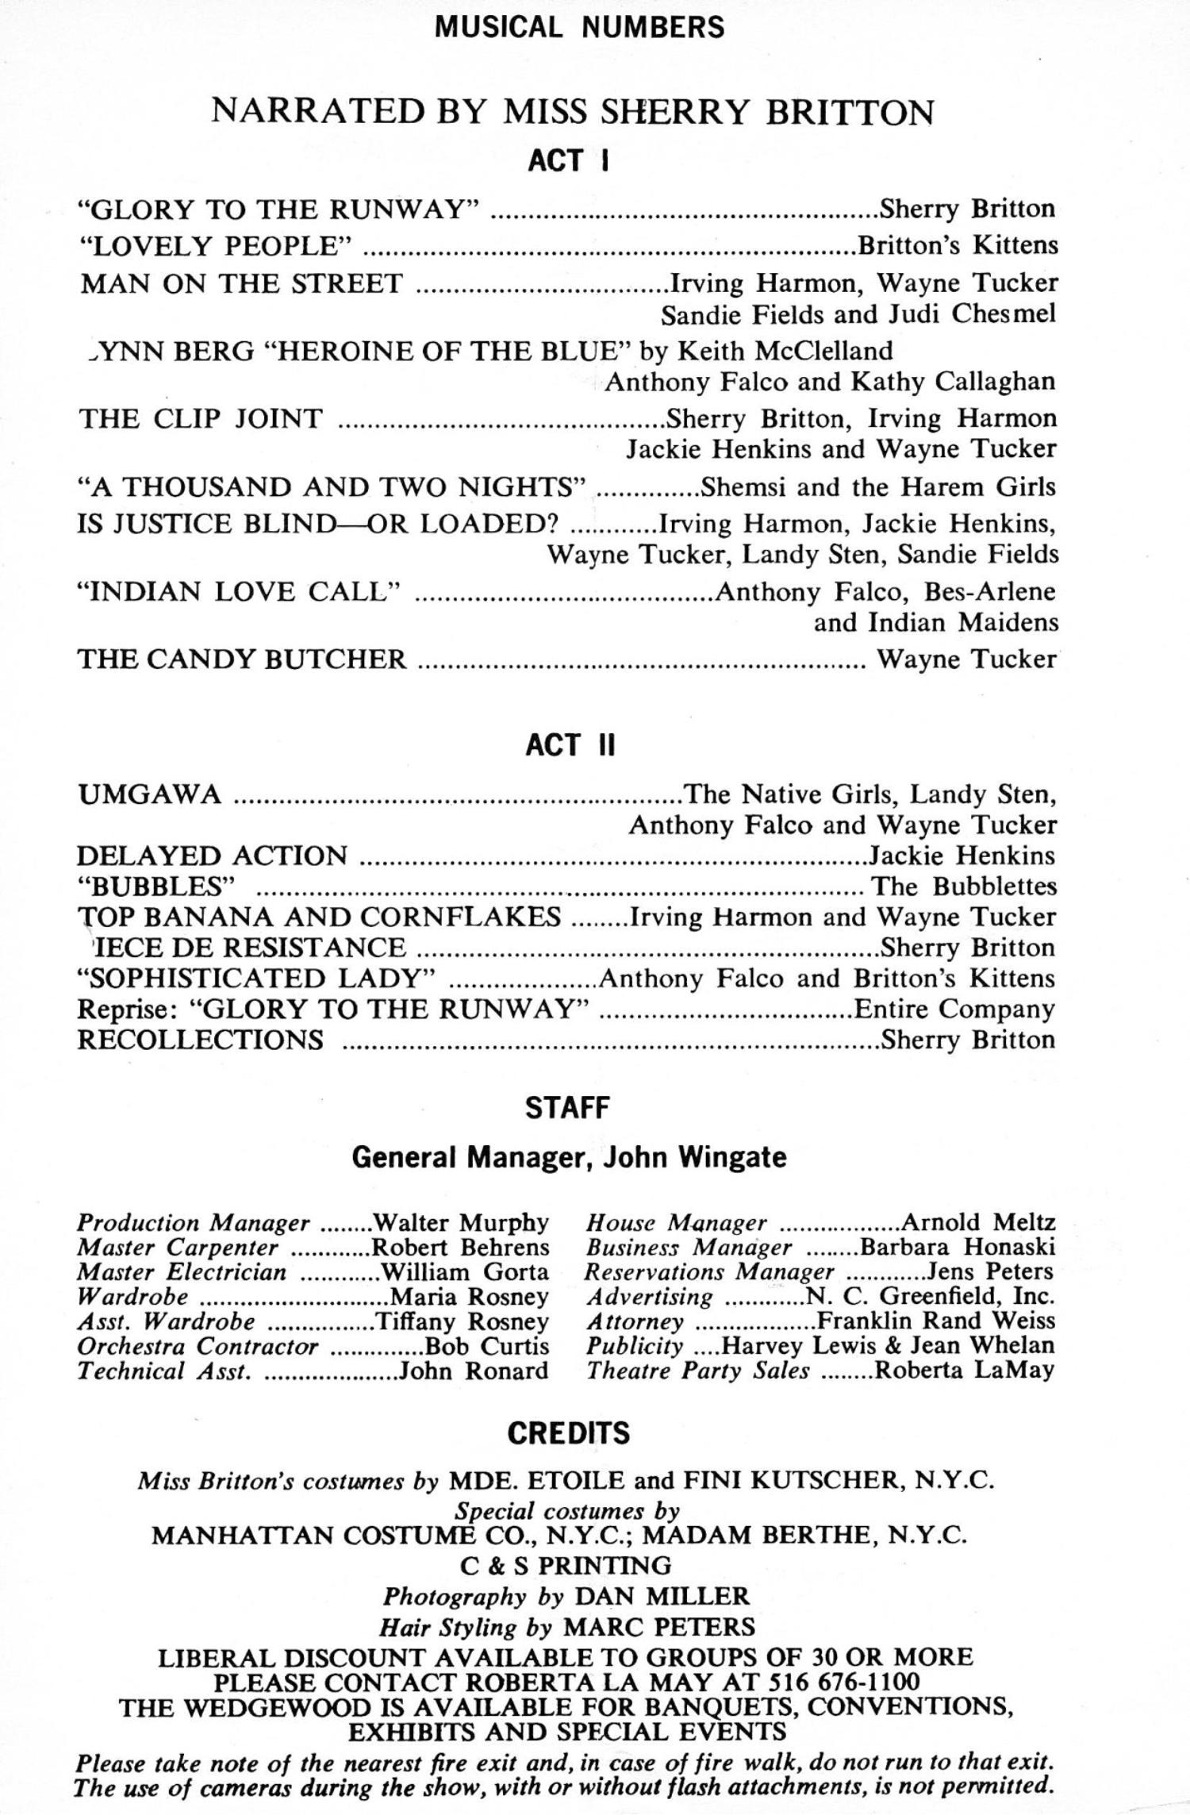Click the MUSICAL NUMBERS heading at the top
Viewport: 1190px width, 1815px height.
click(x=579, y=27)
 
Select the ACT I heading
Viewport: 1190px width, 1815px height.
click(x=568, y=160)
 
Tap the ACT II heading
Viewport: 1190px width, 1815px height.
click(x=570, y=746)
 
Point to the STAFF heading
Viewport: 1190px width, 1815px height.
click(x=567, y=1108)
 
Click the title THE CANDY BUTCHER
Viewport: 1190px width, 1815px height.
click(x=241, y=659)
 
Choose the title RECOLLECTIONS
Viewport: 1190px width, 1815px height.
click(x=200, y=1040)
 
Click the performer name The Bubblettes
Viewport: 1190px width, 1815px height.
click(x=964, y=886)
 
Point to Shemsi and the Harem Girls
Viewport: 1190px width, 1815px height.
click(x=878, y=486)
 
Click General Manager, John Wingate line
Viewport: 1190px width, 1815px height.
click(x=569, y=1158)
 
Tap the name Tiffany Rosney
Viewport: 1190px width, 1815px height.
click(x=462, y=1321)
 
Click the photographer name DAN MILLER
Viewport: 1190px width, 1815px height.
click(x=662, y=1596)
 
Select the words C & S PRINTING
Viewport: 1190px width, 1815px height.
click(x=566, y=1565)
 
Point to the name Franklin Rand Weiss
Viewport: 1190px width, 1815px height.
click(x=936, y=1321)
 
